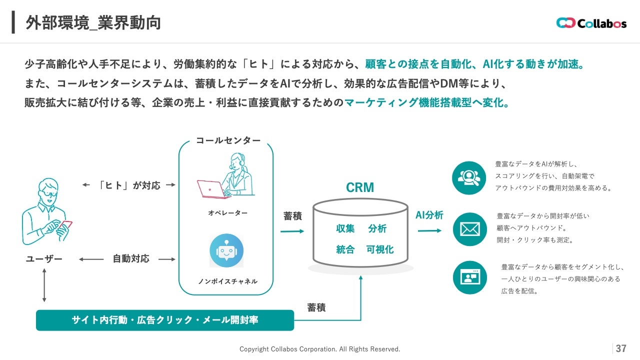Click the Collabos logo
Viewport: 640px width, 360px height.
coord(591,23)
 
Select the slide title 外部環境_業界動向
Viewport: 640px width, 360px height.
coord(93,23)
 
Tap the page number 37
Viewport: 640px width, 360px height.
coord(621,348)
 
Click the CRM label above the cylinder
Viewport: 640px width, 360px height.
coord(360,187)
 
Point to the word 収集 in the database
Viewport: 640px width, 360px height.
coord(345,228)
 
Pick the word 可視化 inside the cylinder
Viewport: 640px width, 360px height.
coord(380,249)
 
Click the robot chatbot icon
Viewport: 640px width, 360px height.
coord(226,251)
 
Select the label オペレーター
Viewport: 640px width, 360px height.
coord(227,213)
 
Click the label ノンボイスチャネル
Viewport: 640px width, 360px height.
coord(227,281)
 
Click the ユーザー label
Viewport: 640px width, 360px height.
coord(44,259)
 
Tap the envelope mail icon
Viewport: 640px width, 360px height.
coord(469,229)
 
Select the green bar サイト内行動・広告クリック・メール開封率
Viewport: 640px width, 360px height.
coord(165,320)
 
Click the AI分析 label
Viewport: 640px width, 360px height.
coord(429,215)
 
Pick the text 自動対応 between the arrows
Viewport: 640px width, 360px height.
coord(131,259)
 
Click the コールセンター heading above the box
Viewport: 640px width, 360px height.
coord(228,140)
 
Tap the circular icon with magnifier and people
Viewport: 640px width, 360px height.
coord(469,178)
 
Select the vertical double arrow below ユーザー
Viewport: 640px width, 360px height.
coord(44,285)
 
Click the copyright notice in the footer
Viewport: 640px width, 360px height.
coord(320,349)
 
